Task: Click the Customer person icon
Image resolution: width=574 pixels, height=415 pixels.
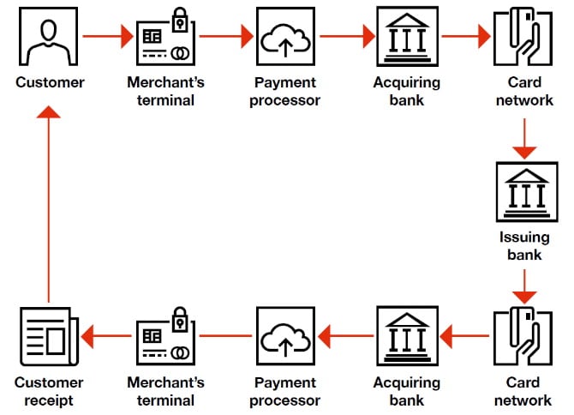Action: pos(48,37)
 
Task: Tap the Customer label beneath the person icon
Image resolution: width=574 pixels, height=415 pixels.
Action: pos(50,83)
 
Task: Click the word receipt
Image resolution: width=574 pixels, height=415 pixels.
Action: pos(50,400)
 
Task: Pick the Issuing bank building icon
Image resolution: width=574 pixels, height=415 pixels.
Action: pos(523,195)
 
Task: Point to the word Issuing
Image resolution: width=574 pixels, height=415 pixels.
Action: pos(523,238)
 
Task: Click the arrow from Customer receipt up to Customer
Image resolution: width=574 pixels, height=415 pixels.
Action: pos(49,206)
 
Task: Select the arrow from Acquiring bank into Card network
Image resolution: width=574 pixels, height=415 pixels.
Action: pos(463,37)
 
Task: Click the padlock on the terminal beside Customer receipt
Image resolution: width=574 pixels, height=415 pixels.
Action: pos(181,316)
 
